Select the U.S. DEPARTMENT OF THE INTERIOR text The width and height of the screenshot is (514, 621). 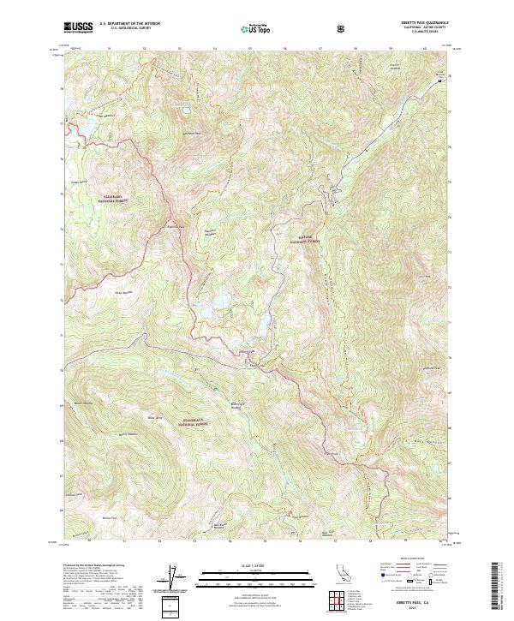pos(128,23)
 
